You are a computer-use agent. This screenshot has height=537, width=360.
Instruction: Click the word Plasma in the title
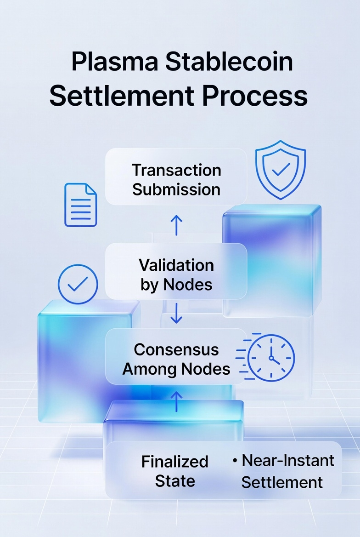[x=113, y=62]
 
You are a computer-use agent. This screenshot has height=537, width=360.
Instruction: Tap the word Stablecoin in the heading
[x=229, y=62]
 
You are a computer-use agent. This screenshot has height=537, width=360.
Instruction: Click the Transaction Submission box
[x=176, y=179]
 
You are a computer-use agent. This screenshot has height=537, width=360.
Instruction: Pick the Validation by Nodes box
[x=176, y=274]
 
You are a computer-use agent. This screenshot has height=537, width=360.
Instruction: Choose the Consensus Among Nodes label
[x=176, y=359]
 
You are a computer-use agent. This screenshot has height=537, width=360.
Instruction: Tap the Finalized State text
[x=175, y=471]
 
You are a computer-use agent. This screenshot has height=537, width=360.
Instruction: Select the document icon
[x=81, y=205]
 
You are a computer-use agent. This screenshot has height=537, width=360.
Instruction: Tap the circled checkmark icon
[x=78, y=284]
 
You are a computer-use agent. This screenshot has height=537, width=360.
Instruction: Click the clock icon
[x=271, y=357]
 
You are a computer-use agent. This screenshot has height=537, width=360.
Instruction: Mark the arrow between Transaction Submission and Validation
[x=176, y=225]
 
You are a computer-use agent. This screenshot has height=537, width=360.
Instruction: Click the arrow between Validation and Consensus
[x=176, y=313]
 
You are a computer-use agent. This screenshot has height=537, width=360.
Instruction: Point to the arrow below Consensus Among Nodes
[x=176, y=400]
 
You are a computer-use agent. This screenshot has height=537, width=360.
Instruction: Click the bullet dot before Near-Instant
[x=235, y=461]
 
